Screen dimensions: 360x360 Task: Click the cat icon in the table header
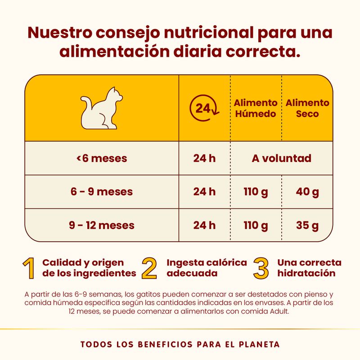[x=102, y=108]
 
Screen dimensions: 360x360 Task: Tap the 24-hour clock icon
[x=204, y=108]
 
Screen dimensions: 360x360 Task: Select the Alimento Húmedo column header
[x=255, y=108]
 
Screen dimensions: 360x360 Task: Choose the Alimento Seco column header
[x=307, y=108]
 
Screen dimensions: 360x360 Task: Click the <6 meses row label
[x=101, y=158]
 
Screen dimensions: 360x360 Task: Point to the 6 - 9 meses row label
[x=101, y=192]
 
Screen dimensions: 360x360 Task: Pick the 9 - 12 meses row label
[x=101, y=225]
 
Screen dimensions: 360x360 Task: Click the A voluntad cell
[x=282, y=158]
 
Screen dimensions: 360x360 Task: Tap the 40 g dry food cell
[x=307, y=192]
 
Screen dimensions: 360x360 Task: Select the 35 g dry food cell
[x=307, y=225]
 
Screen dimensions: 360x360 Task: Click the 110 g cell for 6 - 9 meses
[x=256, y=192]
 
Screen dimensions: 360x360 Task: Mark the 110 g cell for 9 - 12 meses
[x=256, y=225]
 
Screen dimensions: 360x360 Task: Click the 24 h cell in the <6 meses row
[x=204, y=158]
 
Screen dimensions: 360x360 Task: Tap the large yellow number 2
[x=149, y=268]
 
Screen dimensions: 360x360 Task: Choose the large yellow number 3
[x=261, y=268]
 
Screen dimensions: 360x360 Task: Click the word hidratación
[x=306, y=273]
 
